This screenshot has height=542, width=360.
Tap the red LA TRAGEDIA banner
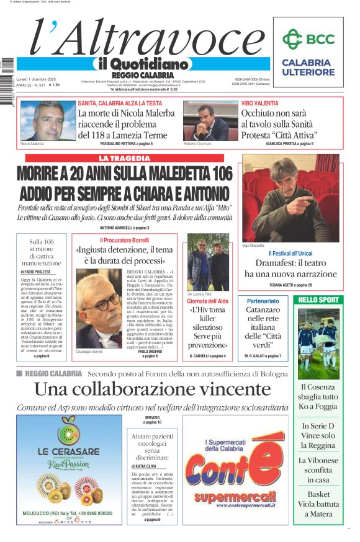[124, 158]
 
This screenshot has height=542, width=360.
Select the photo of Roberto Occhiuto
[211, 121]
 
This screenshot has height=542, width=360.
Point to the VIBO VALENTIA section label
[259, 103]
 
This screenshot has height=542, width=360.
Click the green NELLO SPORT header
[319, 300]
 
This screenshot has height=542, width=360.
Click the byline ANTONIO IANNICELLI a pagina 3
[124, 228]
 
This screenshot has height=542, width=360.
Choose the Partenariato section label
[263, 301]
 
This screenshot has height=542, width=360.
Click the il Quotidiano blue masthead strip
[142, 64]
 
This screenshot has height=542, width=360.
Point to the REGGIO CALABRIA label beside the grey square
[54, 373]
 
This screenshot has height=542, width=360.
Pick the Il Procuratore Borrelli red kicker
[124, 240]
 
